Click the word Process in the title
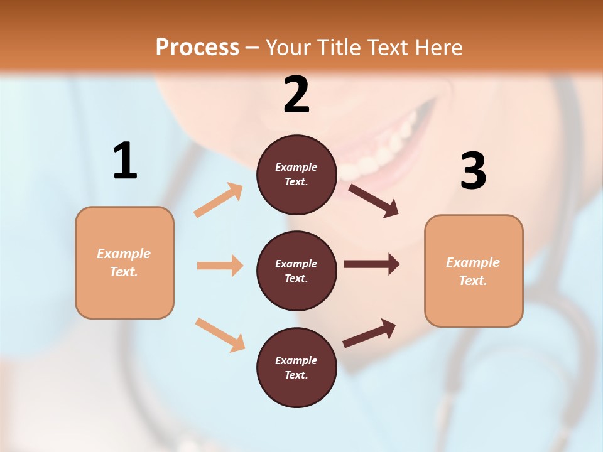pyautogui.click(x=197, y=48)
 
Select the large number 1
pyautogui.click(x=125, y=161)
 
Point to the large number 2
pyautogui.click(x=296, y=95)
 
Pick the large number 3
pyautogui.click(x=473, y=171)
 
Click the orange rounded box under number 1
pyautogui.click(x=124, y=262)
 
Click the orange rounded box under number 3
pyautogui.click(x=474, y=271)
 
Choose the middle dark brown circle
pyautogui.click(x=296, y=271)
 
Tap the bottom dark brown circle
pyautogui.click(x=296, y=367)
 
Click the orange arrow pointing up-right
pyautogui.click(x=219, y=200)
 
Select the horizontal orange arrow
pyautogui.click(x=220, y=266)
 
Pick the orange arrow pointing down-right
pyautogui.click(x=220, y=335)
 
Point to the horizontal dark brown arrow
pyautogui.click(x=372, y=264)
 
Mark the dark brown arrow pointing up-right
pyautogui.click(x=369, y=333)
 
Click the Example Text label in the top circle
pyautogui.click(x=296, y=175)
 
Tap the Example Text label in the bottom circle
pyautogui.click(x=296, y=368)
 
